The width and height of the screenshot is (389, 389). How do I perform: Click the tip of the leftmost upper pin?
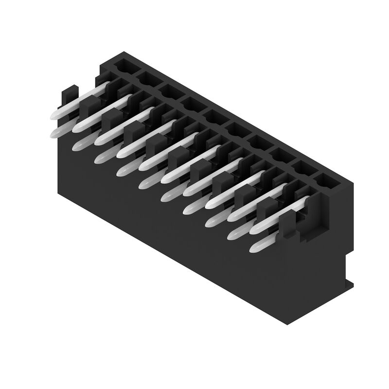click(53, 115)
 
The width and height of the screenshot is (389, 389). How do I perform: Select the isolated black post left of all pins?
click(69, 97)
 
